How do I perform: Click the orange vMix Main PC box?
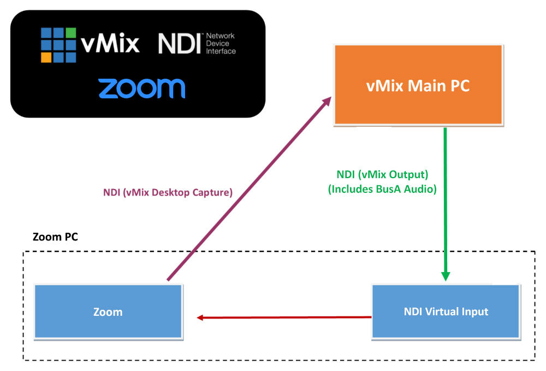pyautogui.click(x=418, y=104)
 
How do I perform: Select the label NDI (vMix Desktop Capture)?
pyautogui.click(x=168, y=192)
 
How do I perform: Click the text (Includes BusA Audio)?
pyautogui.click(x=382, y=189)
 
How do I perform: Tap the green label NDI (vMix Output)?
pyautogui.click(x=382, y=175)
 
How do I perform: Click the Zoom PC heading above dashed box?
pyautogui.click(x=55, y=237)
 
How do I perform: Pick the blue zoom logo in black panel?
pyautogui.click(x=141, y=89)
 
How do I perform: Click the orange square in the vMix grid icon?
pyautogui.click(x=47, y=57)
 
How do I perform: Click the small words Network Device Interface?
pyautogui.click(x=221, y=44)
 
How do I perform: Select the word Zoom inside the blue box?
pyautogui.click(x=108, y=313)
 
